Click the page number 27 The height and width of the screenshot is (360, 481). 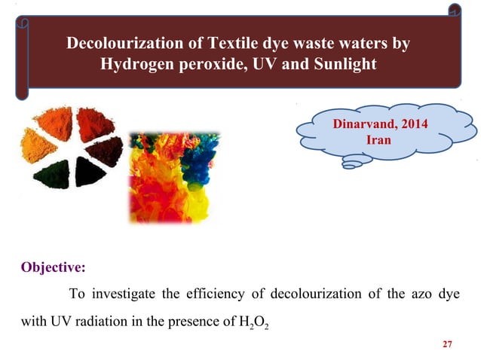pyautogui.click(x=447, y=344)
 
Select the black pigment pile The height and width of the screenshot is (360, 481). pyautogui.click(x=90, y=172)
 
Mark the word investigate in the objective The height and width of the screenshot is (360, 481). pyautogui.click(x=122, y=293)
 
